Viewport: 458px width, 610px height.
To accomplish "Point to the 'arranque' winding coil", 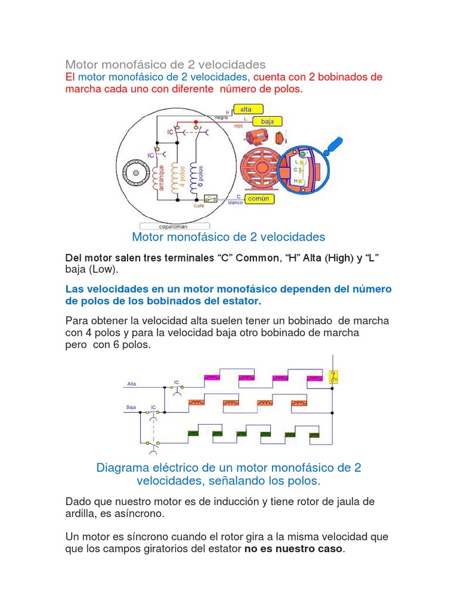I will point(159,177).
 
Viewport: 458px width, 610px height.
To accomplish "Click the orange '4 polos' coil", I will point(175,176).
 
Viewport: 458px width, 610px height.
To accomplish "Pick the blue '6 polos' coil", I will point(193,176).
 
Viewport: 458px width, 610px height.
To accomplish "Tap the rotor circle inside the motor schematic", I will point(137,173).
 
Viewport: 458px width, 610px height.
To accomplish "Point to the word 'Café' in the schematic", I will point(199,206).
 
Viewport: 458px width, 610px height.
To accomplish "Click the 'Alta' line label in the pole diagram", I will point(132,384).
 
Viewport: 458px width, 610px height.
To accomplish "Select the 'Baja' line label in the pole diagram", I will point(131,407).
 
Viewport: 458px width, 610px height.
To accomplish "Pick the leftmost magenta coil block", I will point(212,377).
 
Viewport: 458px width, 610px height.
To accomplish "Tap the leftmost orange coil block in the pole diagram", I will point(196,403).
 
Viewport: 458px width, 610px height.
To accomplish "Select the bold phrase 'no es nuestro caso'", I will point(294,549).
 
